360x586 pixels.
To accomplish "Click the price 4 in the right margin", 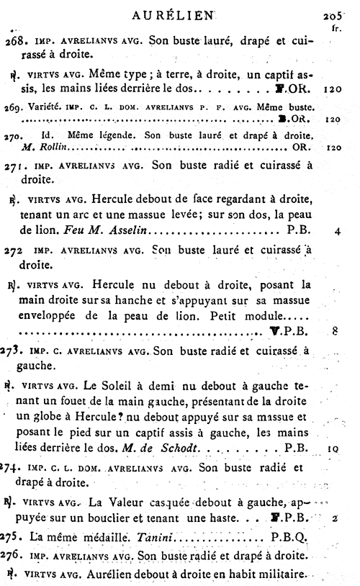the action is pyautogui.click(x=337, y=233).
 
